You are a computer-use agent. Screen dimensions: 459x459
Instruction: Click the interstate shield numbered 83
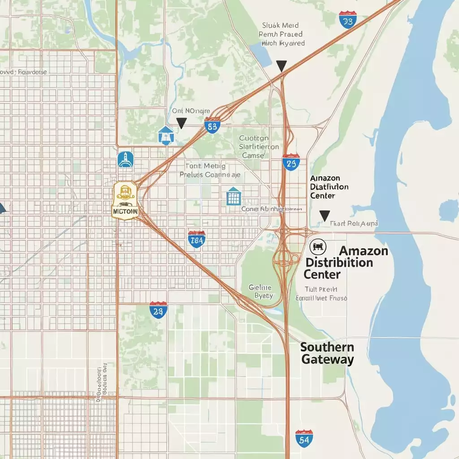coord(212,126)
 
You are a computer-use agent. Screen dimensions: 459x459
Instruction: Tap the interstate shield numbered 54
coord(303,438)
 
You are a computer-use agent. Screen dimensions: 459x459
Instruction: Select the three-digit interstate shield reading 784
coord(197,240)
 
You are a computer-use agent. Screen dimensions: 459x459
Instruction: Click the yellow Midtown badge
coord(126,200)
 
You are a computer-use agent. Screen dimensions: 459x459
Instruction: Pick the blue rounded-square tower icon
coord(126,160)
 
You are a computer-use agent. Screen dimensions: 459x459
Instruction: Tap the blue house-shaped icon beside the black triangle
coord(165,135)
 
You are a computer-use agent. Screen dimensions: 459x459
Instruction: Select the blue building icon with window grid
coord(234,196)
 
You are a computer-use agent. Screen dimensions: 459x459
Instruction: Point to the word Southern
coord(327,347)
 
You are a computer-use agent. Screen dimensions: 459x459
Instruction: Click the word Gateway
coord(328,359)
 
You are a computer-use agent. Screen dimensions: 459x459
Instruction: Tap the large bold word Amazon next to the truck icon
coord(364,251)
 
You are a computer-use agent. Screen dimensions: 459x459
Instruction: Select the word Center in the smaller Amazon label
coord(322,196)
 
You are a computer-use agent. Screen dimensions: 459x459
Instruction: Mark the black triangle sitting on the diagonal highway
coord(281,66)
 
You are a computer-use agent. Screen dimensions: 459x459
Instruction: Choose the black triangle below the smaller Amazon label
coord(325,216)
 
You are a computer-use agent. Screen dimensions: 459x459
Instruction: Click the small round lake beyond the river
coord(448,209)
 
